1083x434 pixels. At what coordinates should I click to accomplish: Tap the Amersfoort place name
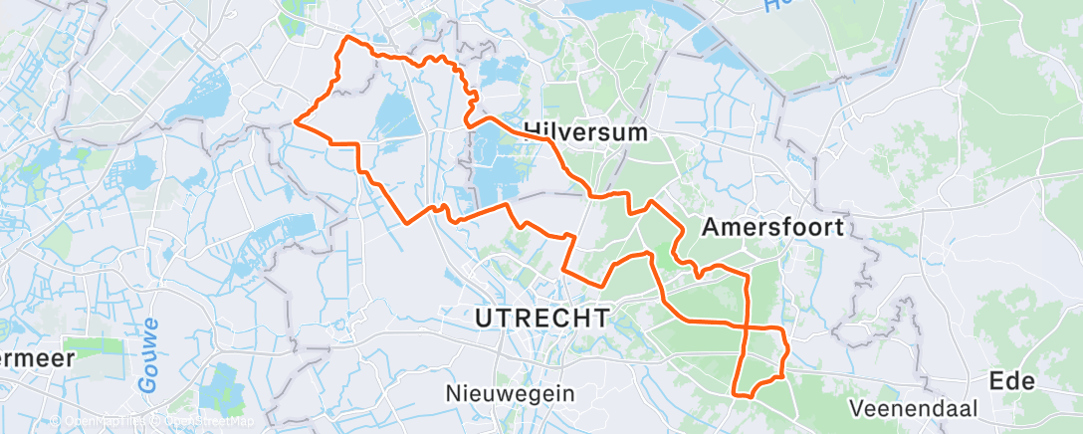coord(772,227)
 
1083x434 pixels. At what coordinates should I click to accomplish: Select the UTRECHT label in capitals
coord(542,318)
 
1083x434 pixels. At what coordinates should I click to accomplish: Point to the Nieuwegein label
coord(511,392)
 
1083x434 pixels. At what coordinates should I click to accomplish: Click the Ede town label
coord(1011,380)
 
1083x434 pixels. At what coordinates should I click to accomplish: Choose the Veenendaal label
coord(915,408)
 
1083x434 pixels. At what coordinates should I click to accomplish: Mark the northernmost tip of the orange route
coord(346,37)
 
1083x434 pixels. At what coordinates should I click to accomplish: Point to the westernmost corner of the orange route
coord(296,121)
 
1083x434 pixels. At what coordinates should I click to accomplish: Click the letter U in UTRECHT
coord(485,318)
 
